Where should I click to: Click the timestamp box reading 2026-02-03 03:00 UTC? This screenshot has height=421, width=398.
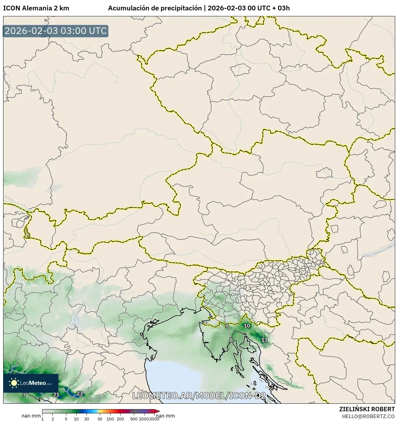[x=56, y=31]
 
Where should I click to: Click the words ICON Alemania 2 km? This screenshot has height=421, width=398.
[x=36, y=8]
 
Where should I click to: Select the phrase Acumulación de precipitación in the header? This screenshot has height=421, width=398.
[x=155, y=8]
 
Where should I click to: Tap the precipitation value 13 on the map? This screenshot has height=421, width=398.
[x=264, y=340]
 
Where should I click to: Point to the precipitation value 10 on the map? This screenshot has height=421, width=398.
[x=247, y=326]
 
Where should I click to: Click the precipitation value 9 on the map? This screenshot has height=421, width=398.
[x=227, y=326]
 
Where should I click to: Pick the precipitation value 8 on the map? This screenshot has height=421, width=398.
[x=231, y=340]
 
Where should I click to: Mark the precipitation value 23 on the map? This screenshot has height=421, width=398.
[x=80, y=394]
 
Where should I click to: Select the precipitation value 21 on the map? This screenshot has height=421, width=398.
[x=56, y=395]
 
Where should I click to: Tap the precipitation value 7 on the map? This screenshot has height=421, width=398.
[x=24, y=395]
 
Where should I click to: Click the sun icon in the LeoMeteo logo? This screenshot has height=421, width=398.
[x=14, y=383]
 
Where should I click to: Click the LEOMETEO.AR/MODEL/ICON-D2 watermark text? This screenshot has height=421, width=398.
[x=199, y=396]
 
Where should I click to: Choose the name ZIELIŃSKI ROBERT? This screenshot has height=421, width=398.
[x=367, y=409]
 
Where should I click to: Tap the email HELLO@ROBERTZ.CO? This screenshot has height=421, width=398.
[x=368, y=416]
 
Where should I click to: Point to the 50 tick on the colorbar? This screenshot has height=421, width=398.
[x=100, y=418]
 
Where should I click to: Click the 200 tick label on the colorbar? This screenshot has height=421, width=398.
[x=120, y=418]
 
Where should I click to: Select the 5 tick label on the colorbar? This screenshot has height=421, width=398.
[x=66, y=418]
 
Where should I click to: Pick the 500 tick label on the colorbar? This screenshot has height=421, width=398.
[x=134, y=418]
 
